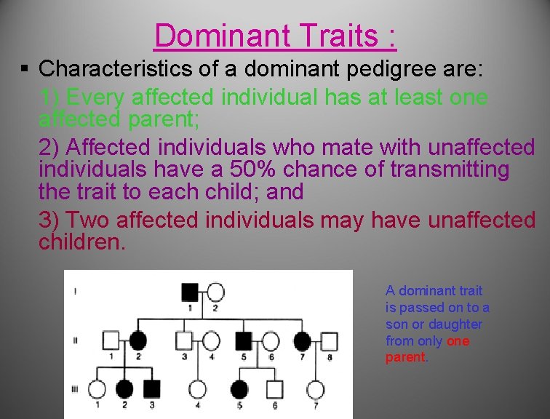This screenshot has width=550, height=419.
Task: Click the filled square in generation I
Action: [189, 292]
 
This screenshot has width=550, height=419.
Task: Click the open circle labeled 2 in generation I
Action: [216, 292]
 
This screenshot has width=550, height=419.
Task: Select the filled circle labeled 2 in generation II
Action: [137, 340]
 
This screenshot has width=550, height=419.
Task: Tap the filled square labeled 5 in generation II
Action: [244, 340]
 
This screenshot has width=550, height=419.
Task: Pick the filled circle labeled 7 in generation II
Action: [303, 340]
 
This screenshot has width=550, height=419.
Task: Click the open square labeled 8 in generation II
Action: [330, 340]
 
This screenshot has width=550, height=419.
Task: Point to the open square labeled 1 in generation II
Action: [111, 340]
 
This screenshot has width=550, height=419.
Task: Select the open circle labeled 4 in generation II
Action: [211, 340]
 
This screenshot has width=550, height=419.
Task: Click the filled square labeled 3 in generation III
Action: [151, 389]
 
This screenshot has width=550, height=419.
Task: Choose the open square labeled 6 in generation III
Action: [274, 389]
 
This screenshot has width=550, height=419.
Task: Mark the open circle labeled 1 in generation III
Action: [97, 389]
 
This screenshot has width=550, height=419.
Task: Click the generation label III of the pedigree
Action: [75, 390]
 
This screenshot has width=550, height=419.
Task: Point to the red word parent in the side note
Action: [405, 357]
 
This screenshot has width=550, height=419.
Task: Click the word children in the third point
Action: [81, 242]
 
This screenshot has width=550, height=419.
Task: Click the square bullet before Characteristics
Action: [25, 69]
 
